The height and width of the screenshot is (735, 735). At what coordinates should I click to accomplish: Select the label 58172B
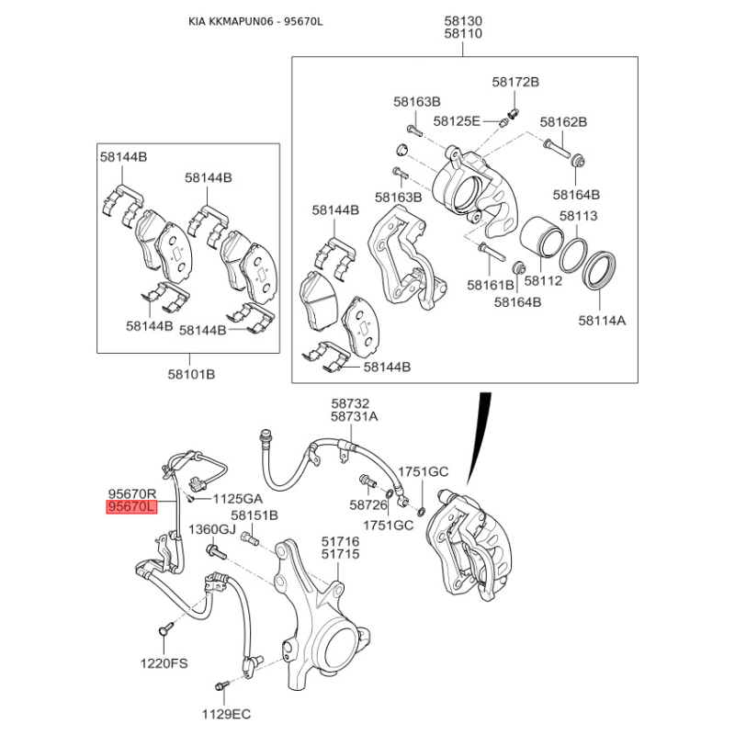(515, 83)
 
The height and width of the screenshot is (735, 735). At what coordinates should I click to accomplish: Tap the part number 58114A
(602, 321)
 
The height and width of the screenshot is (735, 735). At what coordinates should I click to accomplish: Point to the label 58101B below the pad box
(190, 374)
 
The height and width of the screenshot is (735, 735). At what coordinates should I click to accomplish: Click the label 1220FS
(164, 662)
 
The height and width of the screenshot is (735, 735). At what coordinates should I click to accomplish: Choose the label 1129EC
(226, 713)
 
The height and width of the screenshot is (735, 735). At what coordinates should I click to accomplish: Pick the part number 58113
(579, 216)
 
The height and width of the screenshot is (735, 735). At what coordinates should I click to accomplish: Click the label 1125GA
(238, 499)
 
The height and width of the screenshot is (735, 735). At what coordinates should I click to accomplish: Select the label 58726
(368, 504)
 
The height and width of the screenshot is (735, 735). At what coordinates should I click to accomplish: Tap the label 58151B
(254, 515)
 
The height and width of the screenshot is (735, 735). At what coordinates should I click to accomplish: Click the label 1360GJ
(213, 530)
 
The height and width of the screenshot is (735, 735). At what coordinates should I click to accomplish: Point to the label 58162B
(563, 121)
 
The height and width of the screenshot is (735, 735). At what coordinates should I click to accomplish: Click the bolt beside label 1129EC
(221, 685)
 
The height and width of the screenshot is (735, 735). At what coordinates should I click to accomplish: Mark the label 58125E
(457, 121)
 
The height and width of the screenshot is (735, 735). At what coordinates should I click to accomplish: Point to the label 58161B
(490, 286)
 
